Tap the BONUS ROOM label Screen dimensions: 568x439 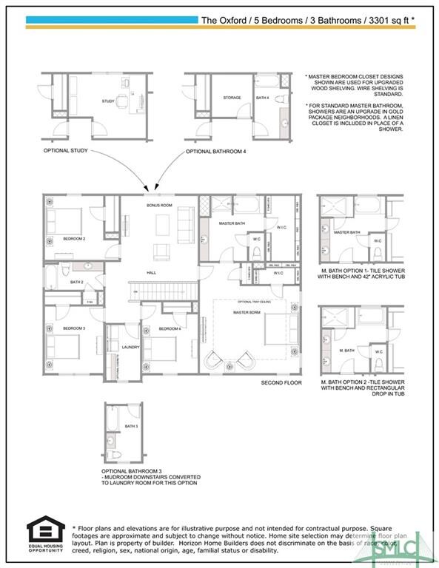tap(159, 205)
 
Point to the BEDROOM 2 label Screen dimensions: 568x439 tap(74, 239)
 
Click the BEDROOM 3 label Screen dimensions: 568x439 tap(74, 328)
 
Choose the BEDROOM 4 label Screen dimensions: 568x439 tap(170, 328)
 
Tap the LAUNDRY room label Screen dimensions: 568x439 tap(130, 346)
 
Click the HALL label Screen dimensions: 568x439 tap(151, 273)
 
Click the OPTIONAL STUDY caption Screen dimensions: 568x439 tap(65, 151)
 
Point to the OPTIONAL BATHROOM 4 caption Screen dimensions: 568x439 tap(215, 152)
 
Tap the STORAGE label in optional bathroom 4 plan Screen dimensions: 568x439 tap(232, 97)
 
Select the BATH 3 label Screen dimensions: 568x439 tap(132, 427)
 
